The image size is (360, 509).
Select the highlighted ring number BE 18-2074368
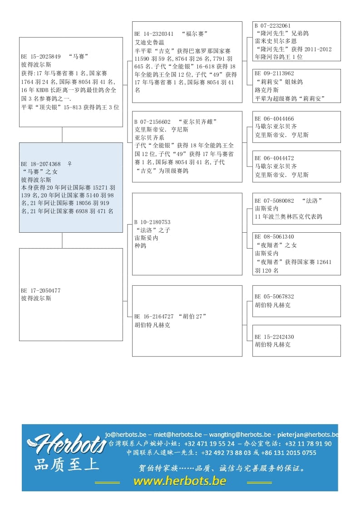[x=41, y=164]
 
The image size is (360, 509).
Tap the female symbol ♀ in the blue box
[x=69, y=164]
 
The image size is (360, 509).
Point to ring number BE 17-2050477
[x=41, y=290]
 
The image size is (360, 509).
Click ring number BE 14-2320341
[x=154, y=34]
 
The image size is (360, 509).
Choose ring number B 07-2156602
[x=153, y=122]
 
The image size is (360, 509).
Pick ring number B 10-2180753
[x=153, y=222]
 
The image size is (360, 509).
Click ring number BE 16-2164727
[x=154, y=316]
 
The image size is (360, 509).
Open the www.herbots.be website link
[x=180, y=481]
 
